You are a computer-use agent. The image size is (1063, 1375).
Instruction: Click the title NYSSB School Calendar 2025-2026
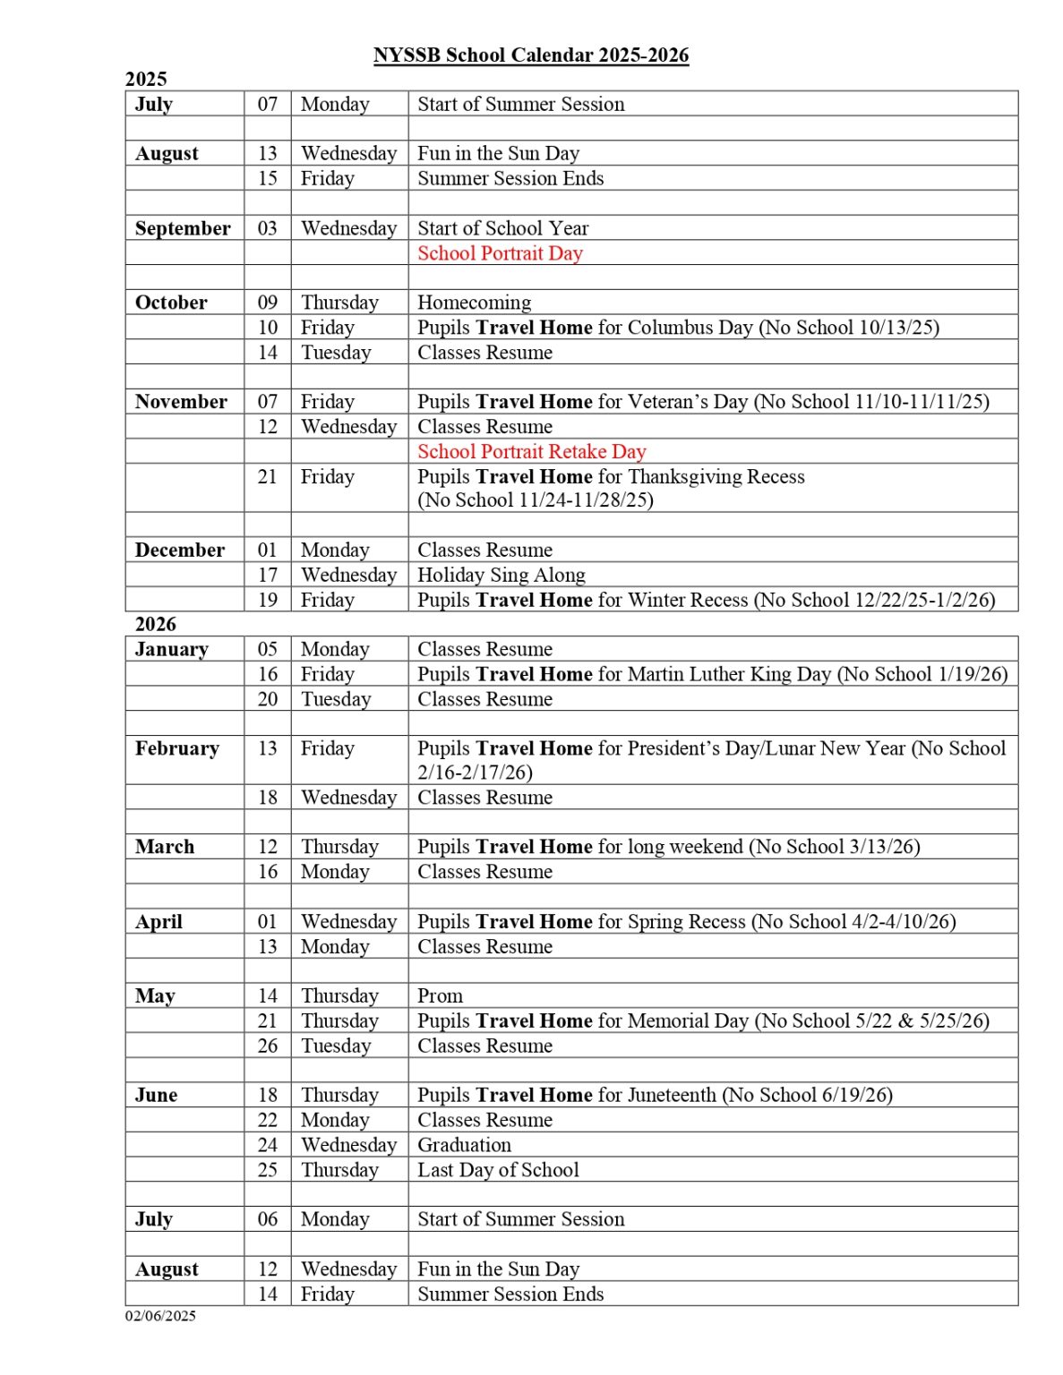531,56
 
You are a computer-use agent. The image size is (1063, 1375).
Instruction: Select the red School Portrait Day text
500,253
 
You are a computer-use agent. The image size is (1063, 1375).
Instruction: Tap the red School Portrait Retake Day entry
531,451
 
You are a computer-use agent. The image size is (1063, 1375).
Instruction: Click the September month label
183,228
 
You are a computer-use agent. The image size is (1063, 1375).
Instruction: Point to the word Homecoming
474,303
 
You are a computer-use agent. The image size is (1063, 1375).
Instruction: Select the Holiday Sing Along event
501,575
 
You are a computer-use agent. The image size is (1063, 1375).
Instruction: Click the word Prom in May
440,995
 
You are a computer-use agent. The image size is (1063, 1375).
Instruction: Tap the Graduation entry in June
464,1145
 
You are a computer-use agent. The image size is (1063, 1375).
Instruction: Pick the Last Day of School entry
498,1170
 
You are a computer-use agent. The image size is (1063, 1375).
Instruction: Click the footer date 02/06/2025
160,1315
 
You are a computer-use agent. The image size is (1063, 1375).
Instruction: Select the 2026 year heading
156,624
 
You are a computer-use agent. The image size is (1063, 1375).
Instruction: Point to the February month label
176,748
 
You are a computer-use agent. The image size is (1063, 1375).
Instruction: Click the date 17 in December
268,575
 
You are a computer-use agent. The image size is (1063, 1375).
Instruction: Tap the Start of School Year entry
502,228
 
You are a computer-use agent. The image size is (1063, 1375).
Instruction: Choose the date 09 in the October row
268,303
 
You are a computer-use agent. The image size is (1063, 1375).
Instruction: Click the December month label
179,550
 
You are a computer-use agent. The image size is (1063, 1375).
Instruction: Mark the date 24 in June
268,1145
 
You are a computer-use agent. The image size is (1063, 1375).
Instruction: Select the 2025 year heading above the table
146,79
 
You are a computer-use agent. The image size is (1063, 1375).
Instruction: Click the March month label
165,847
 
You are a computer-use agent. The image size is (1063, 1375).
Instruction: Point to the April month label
159,922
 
